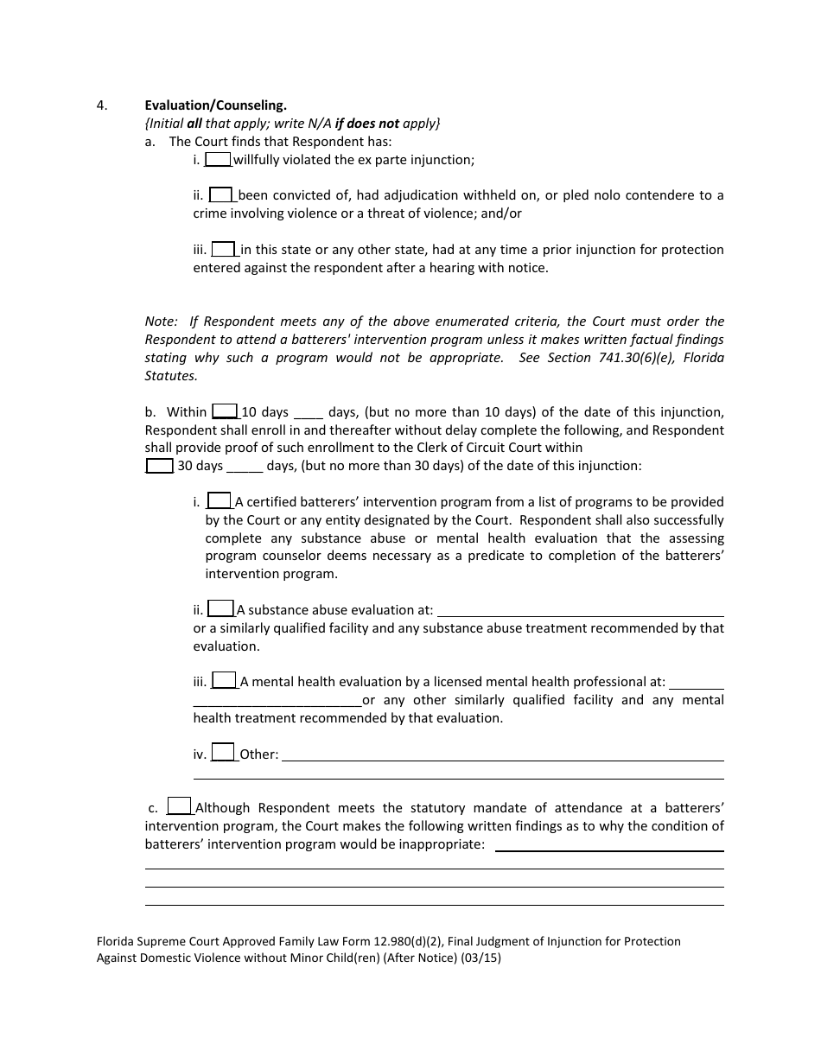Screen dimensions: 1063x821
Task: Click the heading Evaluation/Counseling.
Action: pos(215,105)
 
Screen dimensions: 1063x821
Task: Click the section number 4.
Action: pos(102,105)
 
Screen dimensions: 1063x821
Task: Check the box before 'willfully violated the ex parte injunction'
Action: pos(218,159)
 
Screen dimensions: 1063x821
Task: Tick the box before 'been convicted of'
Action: pos(221,194)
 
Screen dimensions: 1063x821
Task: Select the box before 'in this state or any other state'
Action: pos(224,249)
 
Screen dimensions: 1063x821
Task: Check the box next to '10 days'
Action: pos(225,411)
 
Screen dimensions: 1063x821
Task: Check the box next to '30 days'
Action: pos(159,465)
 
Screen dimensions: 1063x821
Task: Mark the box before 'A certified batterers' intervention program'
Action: pos(220,500)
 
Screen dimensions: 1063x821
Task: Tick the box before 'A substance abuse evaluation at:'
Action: pos(221,608)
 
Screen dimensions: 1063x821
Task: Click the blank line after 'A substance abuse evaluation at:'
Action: pos(580,612)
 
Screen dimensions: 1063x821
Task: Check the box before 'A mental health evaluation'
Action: pos(224,680)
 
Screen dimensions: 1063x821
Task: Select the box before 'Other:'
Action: pos(223,753)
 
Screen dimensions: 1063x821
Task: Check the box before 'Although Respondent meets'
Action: pos(179,806)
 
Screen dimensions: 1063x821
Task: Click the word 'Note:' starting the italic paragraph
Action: pos(162,321)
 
